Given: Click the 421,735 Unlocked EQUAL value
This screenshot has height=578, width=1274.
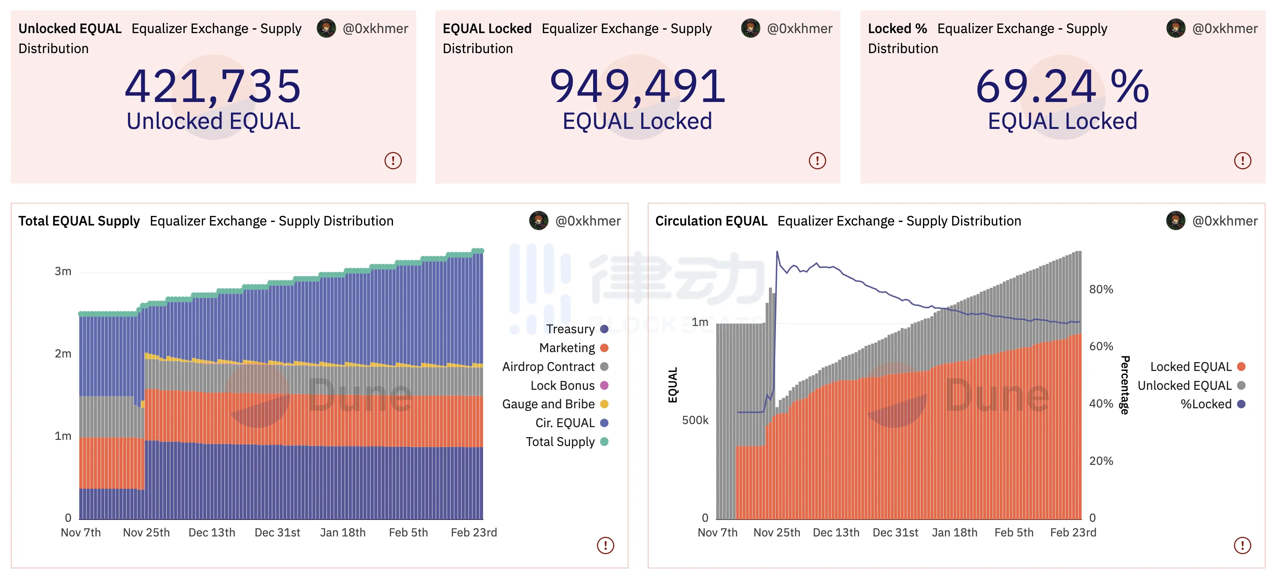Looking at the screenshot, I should click(213, 87).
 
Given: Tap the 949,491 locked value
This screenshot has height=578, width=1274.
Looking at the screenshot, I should click(637, 87).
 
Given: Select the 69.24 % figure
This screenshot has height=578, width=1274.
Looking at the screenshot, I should click(1062, 87).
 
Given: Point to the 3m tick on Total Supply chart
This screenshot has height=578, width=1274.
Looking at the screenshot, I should click(63, 271).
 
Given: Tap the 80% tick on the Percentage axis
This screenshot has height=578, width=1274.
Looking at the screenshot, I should click(1101, 290).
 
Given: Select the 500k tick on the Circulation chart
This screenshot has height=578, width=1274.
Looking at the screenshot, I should click(695, 421).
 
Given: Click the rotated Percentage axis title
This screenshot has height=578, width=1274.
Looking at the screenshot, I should click(1125, 385).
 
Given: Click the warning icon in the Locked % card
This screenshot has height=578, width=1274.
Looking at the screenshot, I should click(1242, 161).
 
